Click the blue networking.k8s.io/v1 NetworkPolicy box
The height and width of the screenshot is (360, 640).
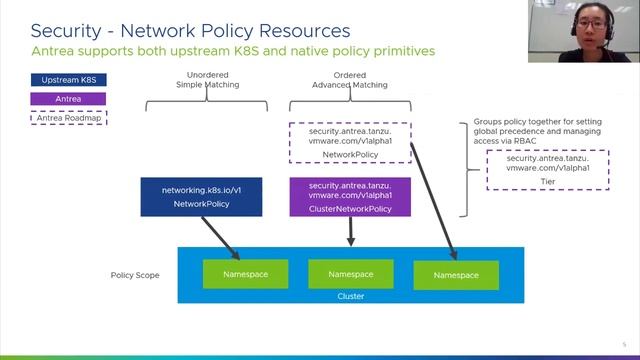[202, 196]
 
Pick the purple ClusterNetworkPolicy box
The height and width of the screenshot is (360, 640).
[350, 196]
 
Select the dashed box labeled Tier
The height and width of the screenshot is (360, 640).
[547, 170]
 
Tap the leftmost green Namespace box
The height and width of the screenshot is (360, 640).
[245, 273]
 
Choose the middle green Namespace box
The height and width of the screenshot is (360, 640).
[350, 273]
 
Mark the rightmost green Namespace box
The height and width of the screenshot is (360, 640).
[455, 274]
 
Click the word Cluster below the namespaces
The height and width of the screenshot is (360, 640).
[350, 296]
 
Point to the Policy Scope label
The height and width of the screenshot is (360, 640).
[134, 274]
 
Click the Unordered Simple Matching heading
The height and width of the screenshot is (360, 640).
[207, 80]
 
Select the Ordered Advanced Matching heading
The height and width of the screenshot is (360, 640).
[350, 80]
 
